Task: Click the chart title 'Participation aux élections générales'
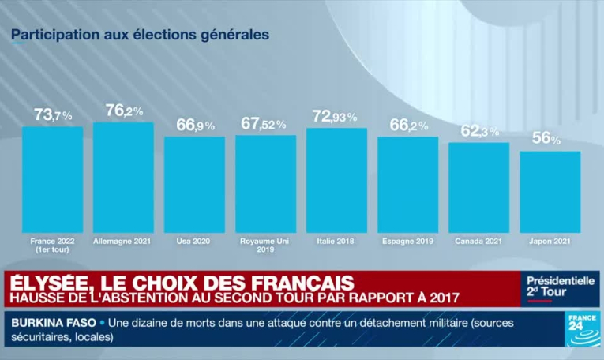coord(140,36)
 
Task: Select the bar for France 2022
coord(52,180)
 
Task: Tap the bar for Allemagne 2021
coord(123,178)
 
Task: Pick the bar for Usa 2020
coord(194,185)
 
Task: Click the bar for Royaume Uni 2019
coord(265,184)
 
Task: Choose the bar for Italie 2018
coord(336,180)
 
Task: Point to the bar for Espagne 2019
coord(407,185)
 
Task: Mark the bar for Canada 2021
coord(478,188)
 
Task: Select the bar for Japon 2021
coord(550,192)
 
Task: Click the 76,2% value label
coord(124,111)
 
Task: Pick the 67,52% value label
coord(264,124)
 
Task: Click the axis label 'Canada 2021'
coord(478,240)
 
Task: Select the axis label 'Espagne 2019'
coord(407,240)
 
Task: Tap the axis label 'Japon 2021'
coord(550,240)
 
